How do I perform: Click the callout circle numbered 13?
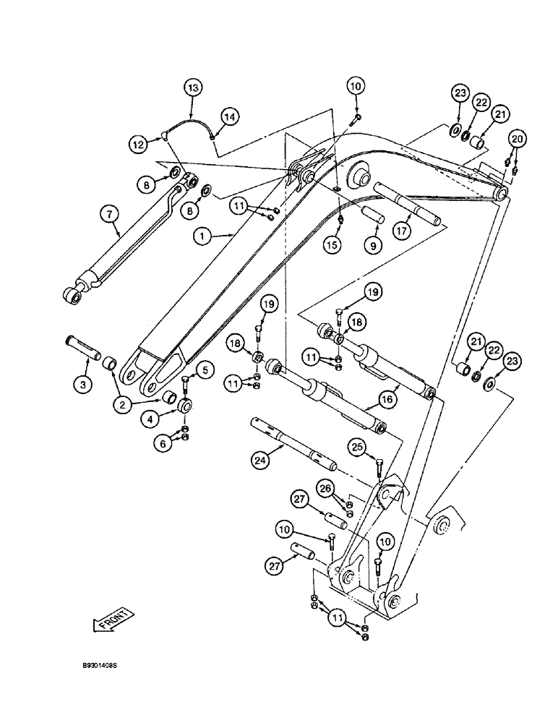(x=192, y=89)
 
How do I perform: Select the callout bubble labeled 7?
(x=108, y=213)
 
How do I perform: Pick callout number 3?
(x=83, y=385)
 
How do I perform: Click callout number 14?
(x=229, y=116)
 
